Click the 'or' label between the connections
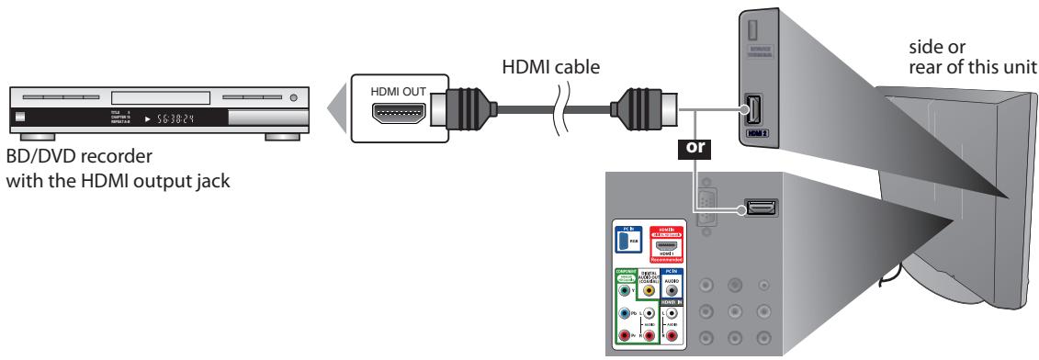tap(685, 146)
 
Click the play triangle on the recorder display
tap(146, 118)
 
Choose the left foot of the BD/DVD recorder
tap(28, 136)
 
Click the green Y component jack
tap(626, 290)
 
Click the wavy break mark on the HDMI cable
tap(564, 103)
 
